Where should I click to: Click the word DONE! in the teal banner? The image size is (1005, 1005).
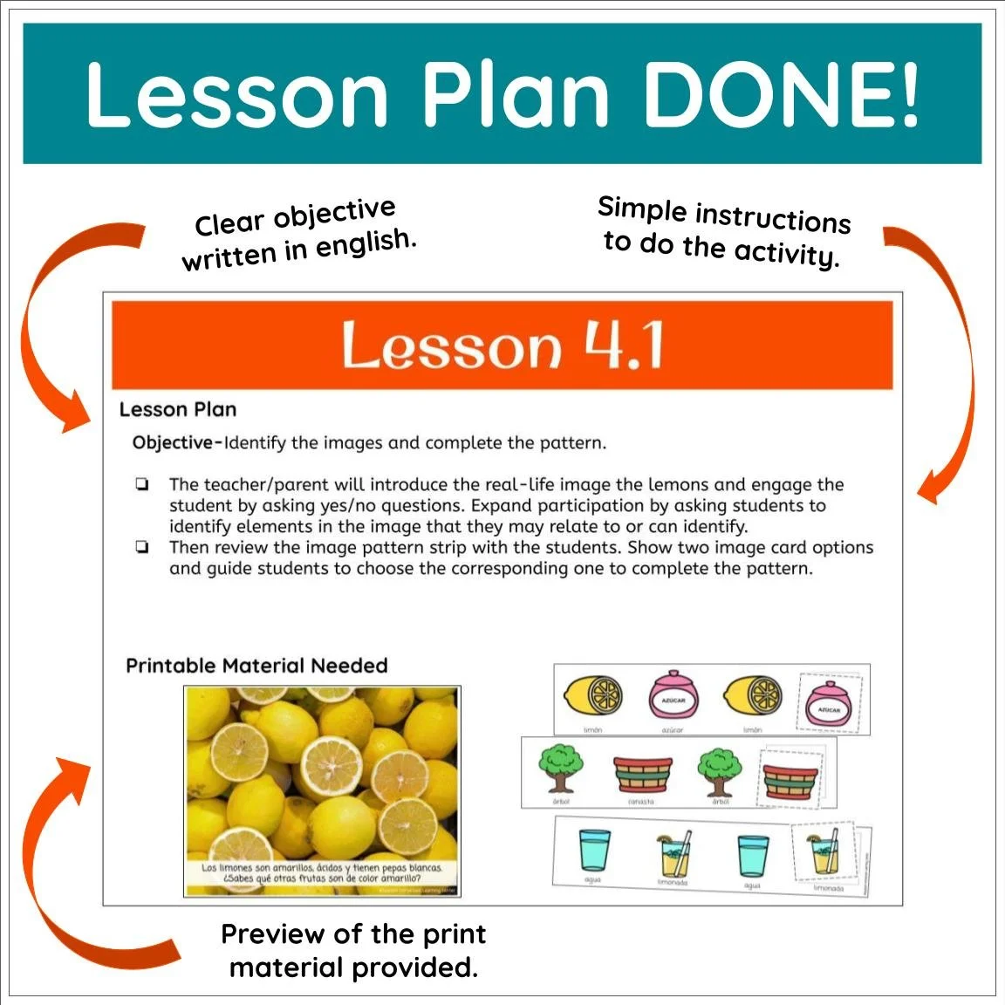779,93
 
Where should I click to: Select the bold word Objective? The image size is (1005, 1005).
172,442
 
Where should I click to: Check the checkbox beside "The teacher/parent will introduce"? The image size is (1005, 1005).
142,484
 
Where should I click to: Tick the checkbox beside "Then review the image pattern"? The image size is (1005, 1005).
142,548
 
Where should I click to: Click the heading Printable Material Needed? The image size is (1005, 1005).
256,666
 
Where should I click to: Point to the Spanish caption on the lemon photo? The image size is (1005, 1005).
322,872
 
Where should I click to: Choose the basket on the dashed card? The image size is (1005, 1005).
791,777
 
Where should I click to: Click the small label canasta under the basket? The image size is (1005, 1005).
640,801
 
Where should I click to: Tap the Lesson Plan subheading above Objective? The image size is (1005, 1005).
177,409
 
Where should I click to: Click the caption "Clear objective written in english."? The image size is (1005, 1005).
297,235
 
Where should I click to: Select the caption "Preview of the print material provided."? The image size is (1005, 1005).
353,951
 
